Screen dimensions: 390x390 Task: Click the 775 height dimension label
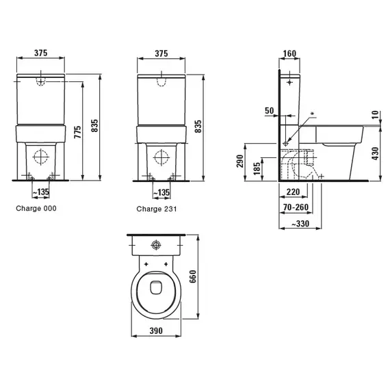coord(78,132)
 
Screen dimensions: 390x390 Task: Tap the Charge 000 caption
coord(36,208)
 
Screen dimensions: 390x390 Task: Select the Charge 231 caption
coord(157,209)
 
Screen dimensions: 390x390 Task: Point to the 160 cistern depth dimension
coord(290,53)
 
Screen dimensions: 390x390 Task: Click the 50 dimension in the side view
coord(269,111)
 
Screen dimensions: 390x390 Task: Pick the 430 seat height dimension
coord(376,153)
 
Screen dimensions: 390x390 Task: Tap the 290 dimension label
coord(240,161)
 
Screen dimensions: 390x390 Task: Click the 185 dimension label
coord(257,168)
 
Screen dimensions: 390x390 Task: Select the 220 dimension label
coord(294,192)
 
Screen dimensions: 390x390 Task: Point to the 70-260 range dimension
coord(296,207)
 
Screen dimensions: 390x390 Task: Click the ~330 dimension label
coord(300,224)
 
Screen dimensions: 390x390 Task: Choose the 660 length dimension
coord(193,276)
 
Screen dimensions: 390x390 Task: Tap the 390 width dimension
coord(156,330)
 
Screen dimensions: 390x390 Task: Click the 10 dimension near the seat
coord(376,115)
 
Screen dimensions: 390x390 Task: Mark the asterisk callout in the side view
coord(313,114)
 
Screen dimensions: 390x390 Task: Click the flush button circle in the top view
coord(156,245)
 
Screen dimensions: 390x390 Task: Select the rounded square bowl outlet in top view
coord(156,287)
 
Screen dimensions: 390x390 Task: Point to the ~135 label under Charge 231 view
coord(161,192)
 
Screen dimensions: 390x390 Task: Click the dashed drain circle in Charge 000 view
coord(40,157)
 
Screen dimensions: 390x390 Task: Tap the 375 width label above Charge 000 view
coord(41,53)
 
